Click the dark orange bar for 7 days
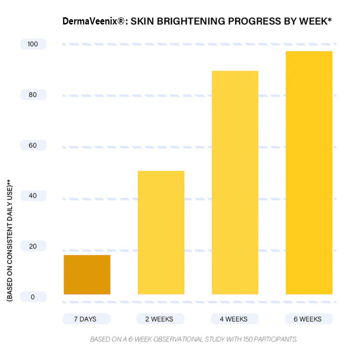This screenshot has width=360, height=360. click(87, 275)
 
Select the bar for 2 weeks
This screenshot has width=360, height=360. click(161, 232)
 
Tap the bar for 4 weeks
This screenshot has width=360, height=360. click(235, 182)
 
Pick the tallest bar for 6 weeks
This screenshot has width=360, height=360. click(309, 172)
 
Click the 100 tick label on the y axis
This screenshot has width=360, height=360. click(33, 44)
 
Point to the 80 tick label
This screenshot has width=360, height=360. click(33, 95)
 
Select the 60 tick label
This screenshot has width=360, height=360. click(33, 145)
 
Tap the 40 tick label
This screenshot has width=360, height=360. click(33, 195)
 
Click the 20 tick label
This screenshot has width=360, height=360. click(33, 246)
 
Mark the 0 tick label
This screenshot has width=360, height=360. click(33, 297)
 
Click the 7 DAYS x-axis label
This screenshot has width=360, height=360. click(86, 319)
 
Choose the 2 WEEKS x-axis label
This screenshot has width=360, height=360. click(160, 319)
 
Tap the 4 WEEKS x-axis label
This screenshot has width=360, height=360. click(235, 319)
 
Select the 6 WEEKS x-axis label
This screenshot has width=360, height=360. click(309, 319)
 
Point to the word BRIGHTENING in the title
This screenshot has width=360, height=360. click(186, 22)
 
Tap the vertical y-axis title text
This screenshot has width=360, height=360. click(9, 240)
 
